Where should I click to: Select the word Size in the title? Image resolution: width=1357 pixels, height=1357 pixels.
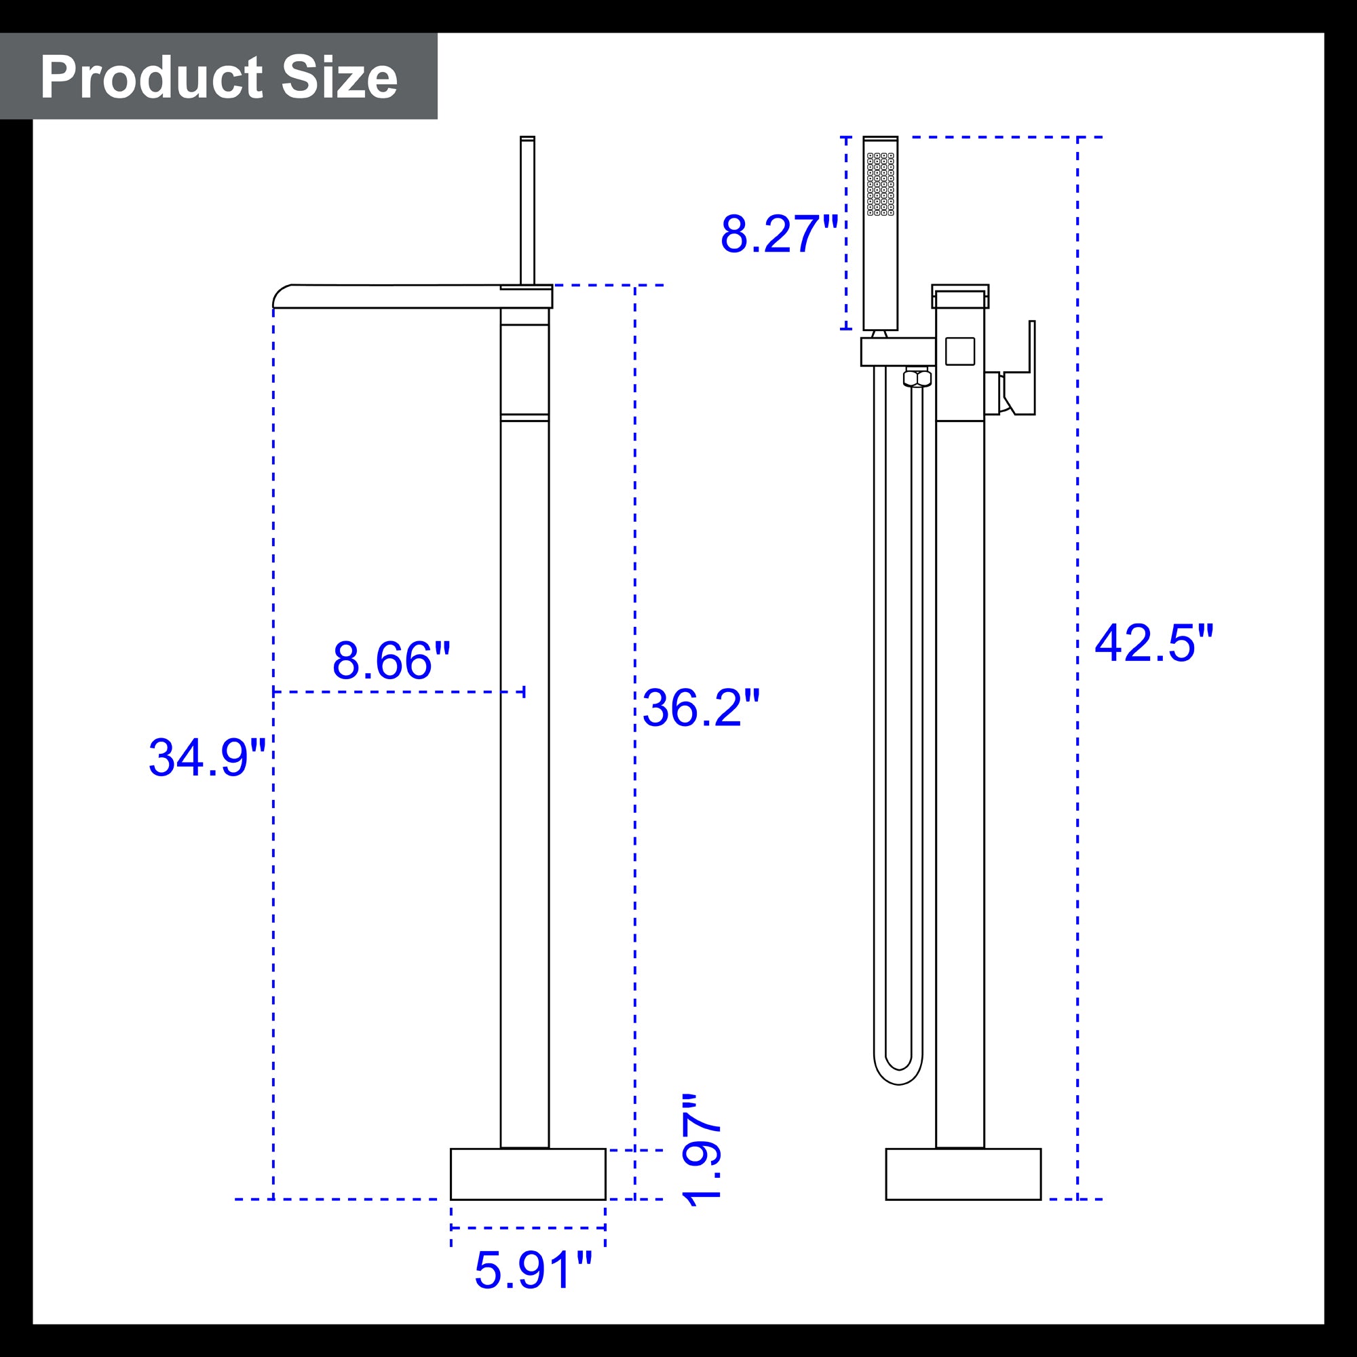(x=339, y=77)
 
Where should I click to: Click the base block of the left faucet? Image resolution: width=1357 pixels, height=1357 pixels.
(x=528, y=1174)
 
